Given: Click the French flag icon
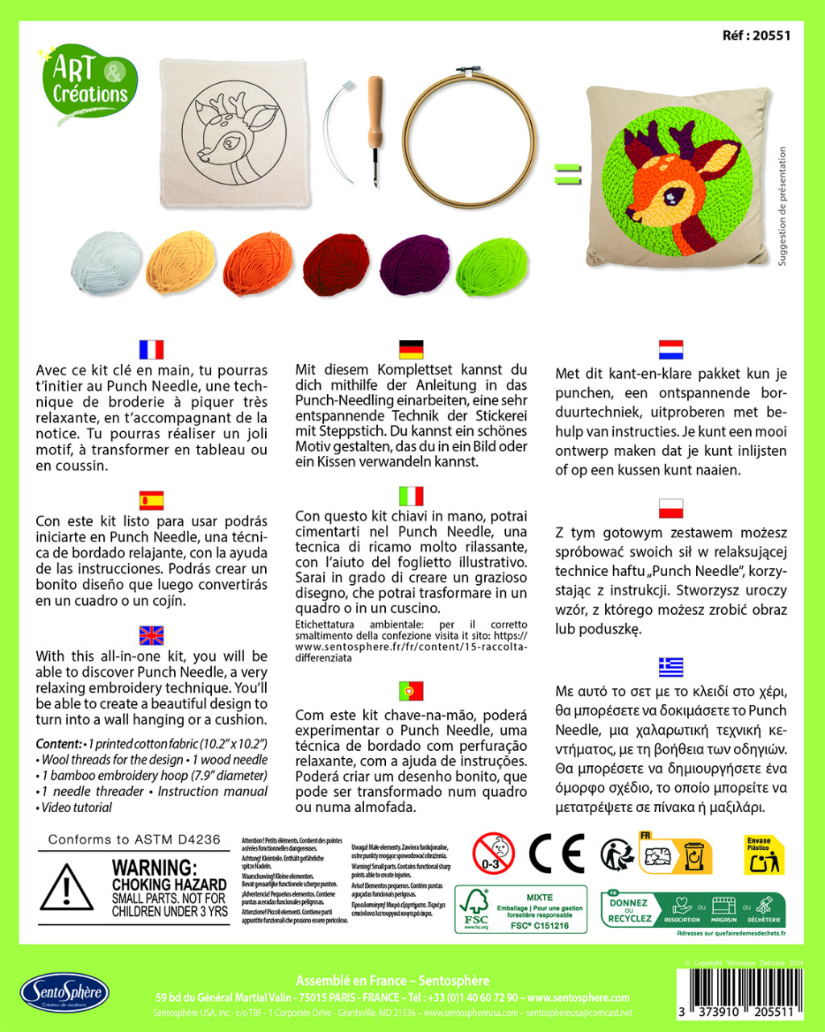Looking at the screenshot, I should pos(151,350).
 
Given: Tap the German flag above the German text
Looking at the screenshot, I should pos(411,350).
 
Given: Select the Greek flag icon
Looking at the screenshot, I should pos(670,667).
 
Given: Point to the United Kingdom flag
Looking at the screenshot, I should pos(151,636).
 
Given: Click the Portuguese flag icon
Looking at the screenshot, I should pos(411,690).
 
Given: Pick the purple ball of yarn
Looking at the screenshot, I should pos(415,263).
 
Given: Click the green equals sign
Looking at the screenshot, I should pos(567,174).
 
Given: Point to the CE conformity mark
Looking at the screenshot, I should pos(556,853).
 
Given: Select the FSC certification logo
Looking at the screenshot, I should pos(477,909).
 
